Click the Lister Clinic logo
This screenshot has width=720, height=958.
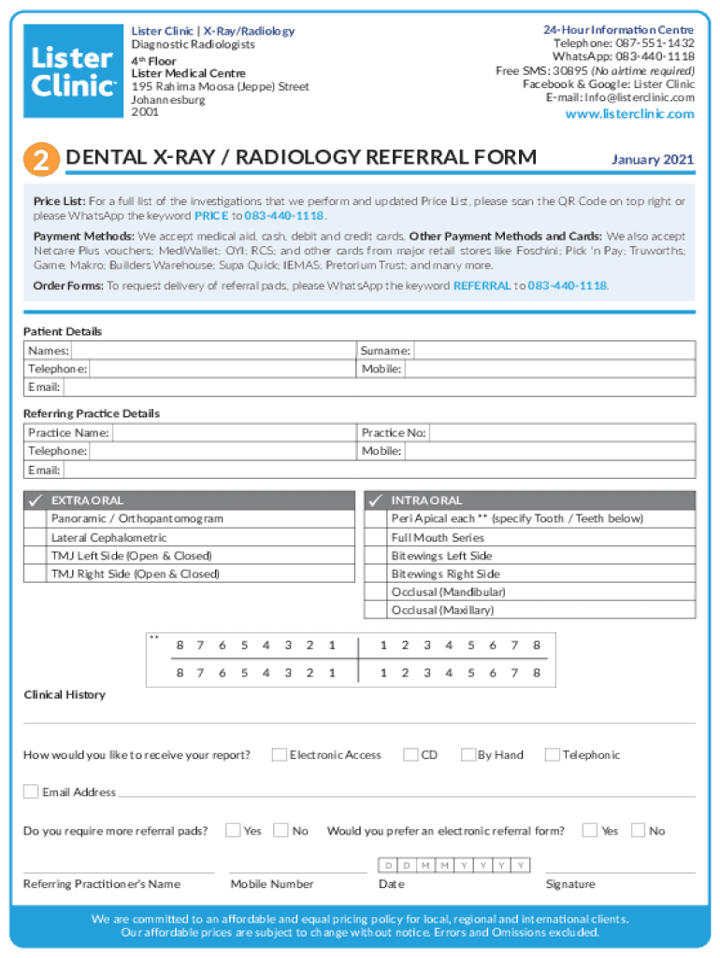coord(73,71)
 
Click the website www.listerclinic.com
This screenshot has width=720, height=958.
coord(629,114)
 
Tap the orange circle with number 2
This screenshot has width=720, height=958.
coord(41,160)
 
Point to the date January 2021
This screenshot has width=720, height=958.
coord(652,160)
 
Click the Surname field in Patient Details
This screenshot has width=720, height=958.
coord(554,351)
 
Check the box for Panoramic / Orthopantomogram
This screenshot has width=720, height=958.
coord(35,519)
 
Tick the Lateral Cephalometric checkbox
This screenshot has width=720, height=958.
coord(35,538)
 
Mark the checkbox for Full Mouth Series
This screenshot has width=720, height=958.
coord(376,538)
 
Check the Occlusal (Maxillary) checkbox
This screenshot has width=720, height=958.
coord(376,611)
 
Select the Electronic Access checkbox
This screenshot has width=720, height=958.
coord(279,755)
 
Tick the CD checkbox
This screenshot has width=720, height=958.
coord(410,755)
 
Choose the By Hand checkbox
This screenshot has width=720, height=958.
coord(468,755)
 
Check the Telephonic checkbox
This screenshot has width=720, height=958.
coord(552,755)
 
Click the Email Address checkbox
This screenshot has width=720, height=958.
coord(31,792)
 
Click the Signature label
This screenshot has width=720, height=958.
coord(569,884)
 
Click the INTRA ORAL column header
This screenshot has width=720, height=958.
coord(426,501)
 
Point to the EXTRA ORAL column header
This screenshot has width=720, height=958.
coord(87,501)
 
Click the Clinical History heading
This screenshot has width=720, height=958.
coord(65,695)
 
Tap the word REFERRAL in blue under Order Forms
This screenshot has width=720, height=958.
coord(482,286)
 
